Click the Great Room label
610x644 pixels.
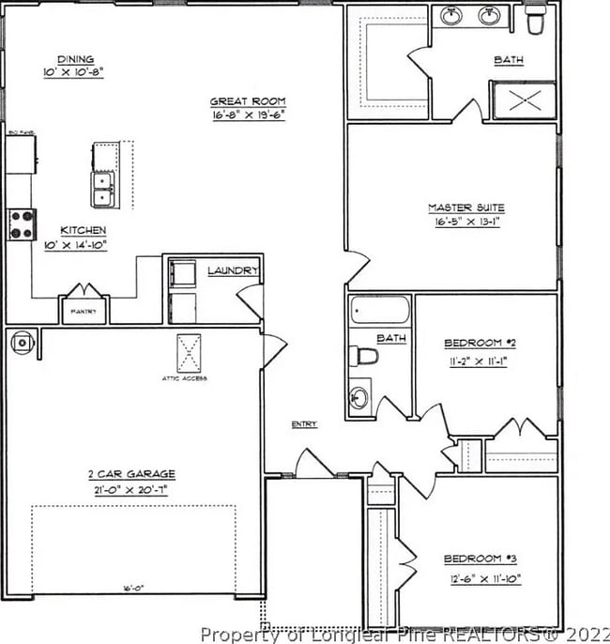coord(247,101)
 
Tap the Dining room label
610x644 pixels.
coord(74,58)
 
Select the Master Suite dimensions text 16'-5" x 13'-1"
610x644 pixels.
coord(465,222)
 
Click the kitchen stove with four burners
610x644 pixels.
coord(23,223)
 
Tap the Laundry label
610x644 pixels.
coord(232,271)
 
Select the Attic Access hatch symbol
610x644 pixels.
coord(190,353)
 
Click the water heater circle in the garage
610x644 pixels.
coord(22,343)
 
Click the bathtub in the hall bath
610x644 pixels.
coord(379,311)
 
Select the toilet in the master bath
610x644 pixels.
coord(535,21)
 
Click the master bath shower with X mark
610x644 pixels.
coord(522,100)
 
